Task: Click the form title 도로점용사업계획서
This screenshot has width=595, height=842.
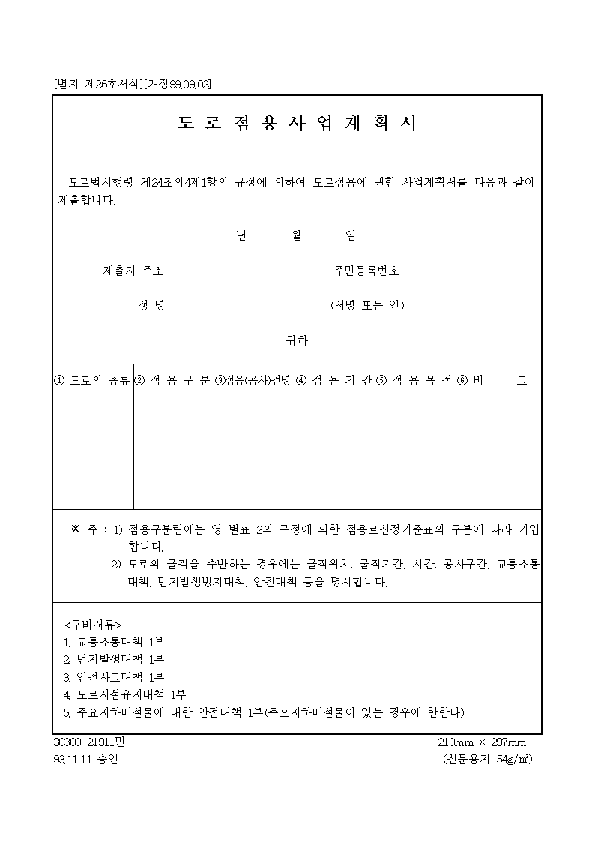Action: click(x=297, y=124)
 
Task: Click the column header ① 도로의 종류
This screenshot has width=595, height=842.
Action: click(x=93, y=381)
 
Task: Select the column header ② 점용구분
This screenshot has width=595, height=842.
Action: click(x=173, y=381)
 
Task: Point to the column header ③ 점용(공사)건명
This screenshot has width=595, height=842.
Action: click(x=254, y=381)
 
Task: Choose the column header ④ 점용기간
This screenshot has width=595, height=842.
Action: click(x=334, y=381)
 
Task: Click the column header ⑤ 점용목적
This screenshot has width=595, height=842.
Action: click(x=415, y=381)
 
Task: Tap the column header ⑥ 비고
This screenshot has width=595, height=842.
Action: click(x=498, y=381)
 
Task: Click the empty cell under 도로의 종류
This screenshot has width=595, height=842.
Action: click(x=93, y=453)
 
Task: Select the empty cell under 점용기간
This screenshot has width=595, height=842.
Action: click(x=334, y=453)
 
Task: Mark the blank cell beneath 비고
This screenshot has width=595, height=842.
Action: click(x=498, y=453)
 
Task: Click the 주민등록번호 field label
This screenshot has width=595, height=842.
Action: click(x=366, y=271)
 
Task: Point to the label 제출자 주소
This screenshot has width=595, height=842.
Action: click(x=133, y=271)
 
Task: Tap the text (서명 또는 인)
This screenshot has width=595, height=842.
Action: click(x=367, y=305)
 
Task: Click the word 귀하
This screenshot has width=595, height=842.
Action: click(x=297, y=340)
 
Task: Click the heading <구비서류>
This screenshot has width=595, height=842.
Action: click(x=93, y=624)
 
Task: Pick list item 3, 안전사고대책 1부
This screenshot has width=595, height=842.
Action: click(x=115, y=677)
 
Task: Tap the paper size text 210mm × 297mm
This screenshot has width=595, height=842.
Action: click(x=482, y=742)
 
